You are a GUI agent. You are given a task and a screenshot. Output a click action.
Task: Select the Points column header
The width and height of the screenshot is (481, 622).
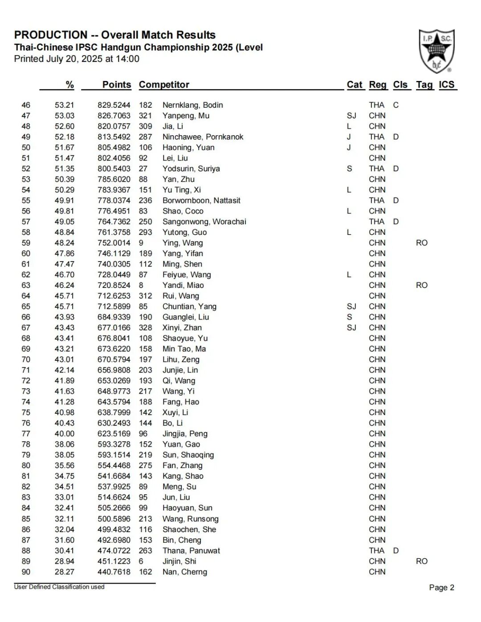[117, 85]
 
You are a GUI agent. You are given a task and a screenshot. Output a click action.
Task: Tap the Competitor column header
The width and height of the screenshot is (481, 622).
[164, 85]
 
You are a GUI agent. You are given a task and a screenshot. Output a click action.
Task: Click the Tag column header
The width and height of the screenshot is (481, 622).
[424, 85]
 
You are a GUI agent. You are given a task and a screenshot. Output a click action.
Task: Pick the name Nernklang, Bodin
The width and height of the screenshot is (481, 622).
[192, 105]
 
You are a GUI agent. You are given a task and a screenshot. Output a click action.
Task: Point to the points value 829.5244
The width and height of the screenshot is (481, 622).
[114, 105]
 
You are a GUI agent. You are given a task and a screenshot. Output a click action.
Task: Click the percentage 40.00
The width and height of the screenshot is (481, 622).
[65, 434]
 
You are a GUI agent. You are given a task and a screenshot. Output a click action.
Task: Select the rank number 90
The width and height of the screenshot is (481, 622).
[26, 572]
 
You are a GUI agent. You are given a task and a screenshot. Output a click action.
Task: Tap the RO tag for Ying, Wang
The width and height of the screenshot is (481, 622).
[421, 243]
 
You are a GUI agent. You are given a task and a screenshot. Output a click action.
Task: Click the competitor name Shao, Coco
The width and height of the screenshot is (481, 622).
[183, 211]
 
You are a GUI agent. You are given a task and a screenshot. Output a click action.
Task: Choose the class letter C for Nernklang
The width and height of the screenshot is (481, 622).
[395, 105]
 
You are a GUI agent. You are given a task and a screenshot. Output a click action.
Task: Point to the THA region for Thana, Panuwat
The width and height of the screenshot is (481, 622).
[376, 551]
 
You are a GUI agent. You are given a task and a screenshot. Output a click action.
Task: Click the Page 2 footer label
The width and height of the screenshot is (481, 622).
[441, 588]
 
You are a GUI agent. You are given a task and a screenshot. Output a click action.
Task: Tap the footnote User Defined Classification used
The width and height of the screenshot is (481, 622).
[59, 587]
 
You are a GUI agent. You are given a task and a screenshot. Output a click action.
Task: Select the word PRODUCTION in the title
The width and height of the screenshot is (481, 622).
[51, 35]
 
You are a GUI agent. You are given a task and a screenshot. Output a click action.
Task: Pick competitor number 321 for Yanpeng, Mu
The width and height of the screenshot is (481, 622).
[145, 116]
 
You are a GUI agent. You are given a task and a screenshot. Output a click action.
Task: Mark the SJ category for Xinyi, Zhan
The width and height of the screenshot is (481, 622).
[351, 328]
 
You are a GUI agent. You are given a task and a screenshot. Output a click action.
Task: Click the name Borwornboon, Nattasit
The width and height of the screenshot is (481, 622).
[201, 201]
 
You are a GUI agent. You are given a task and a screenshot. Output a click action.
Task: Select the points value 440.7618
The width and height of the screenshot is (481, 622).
[114, 572]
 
